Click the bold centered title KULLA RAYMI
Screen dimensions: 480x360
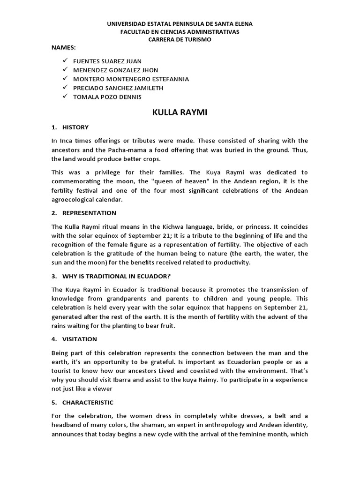pos(180,112)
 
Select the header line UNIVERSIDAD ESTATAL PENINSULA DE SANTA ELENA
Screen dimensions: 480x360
pos(180,23)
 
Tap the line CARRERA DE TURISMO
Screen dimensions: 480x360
pos(180,40)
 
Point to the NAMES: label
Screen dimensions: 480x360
pos(64,48)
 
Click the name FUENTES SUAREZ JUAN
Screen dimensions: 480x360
pos(107,61)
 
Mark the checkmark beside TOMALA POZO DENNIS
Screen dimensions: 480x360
pos(65,97)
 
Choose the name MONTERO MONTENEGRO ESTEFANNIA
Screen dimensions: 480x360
pos(131,79)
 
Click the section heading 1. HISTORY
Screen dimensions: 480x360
pos(70,127)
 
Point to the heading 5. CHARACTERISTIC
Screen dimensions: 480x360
pos(82,402)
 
